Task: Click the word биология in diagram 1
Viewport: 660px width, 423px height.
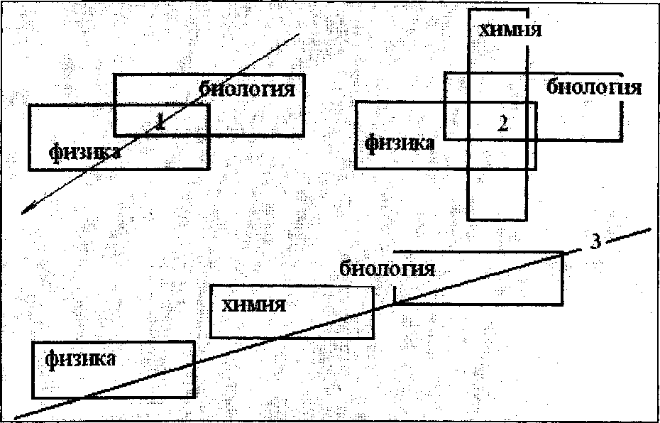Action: (246, 90)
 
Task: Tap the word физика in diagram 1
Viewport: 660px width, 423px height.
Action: (84, 151)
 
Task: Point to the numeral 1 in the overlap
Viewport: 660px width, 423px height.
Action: (160, 121)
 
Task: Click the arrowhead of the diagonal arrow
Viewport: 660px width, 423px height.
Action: (26, 210)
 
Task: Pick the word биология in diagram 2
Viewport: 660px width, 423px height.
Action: (595, 88)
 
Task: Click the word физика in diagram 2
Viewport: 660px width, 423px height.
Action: (400, 143)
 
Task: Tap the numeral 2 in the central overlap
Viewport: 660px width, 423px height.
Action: (502, 123)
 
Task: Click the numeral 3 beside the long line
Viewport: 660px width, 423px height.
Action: (596, 241)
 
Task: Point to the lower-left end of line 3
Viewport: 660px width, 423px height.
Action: (17, 417)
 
